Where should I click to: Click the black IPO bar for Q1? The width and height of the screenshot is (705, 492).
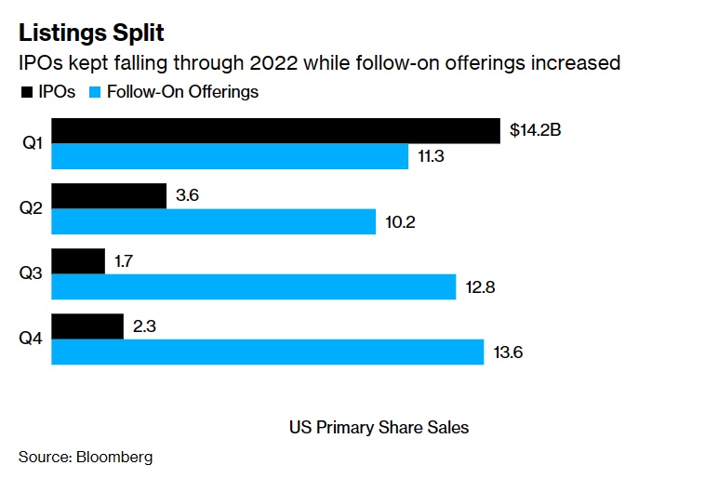point(274,131)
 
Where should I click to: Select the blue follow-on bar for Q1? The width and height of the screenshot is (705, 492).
point(230,156)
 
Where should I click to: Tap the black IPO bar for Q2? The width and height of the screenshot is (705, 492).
point(109,196)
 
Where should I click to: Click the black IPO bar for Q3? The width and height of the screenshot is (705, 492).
point(78,261)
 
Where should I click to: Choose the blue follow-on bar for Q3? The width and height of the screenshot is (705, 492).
point(253,286)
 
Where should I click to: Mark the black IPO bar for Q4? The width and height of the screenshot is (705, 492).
point(87,326)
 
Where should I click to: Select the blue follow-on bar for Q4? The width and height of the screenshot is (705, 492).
point(268,352)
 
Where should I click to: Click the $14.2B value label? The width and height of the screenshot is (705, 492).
point(536,131)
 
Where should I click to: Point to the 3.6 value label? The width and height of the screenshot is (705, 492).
point(187,196)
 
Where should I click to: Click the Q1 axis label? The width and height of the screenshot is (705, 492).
point(29,143)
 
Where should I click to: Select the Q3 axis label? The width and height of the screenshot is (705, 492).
point(29,273)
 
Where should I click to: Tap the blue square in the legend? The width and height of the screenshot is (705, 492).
point(95,92)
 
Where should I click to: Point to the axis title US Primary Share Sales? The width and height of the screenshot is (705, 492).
point(379,428)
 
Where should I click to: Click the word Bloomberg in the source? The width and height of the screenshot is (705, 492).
point(114,458)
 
